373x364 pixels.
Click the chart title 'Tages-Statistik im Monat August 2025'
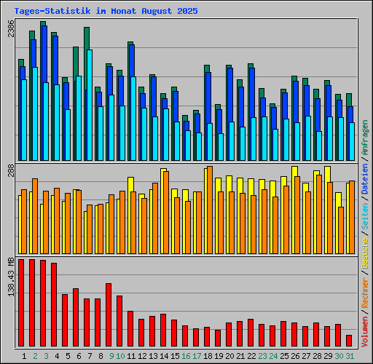point(101,11)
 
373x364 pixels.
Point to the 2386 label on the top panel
point(10,30)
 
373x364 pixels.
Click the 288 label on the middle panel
point(10,171)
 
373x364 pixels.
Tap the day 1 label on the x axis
point(25,356)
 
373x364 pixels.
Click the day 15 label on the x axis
point(176,356)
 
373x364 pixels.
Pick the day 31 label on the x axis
point(350,356)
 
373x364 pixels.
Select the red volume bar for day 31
point(349,341)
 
